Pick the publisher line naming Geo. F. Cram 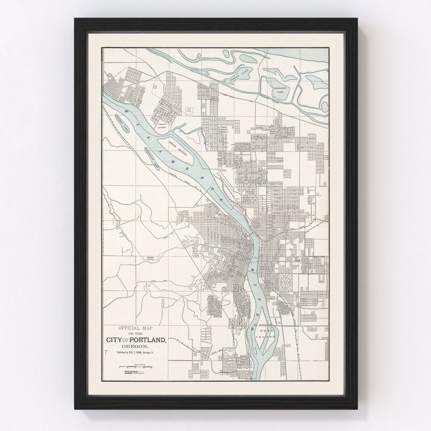(x=135, y=353)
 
